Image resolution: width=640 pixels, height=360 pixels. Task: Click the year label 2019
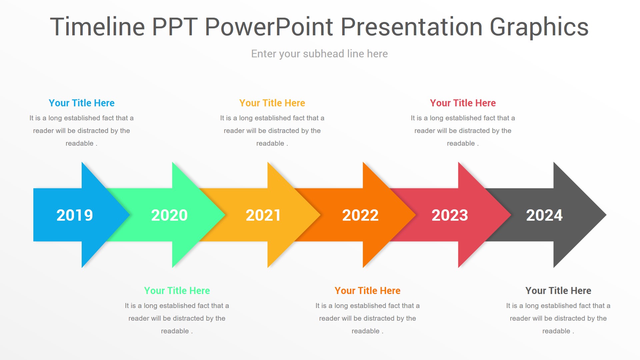(74, 215)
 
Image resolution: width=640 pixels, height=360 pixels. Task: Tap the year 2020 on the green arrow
(169, 215)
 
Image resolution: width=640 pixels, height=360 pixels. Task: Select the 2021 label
(263, 215)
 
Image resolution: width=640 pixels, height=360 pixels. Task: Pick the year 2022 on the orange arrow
(360, 215)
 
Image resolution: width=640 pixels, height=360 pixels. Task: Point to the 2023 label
(450, 215)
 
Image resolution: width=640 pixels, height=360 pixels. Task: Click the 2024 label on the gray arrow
(544, 215)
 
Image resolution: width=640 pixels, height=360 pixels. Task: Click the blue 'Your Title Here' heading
(82, 103)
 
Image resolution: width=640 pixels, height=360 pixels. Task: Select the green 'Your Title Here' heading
(177, 291)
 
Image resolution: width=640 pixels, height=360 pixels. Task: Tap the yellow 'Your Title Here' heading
(272, 103)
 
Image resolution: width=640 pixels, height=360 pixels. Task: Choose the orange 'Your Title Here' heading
(368, 291)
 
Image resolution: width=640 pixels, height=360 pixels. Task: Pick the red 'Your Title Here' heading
(463, 103)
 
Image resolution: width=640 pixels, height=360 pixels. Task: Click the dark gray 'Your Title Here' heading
(558, 291)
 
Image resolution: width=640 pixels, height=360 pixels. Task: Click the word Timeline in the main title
(97, 27)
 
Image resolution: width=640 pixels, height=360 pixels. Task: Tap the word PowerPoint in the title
(269, 27)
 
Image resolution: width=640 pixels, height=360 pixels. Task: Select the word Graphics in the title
(539, 27)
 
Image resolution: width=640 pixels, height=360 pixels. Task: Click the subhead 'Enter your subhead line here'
(319, 54)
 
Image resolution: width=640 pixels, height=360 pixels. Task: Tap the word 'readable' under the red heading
(461, 143)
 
